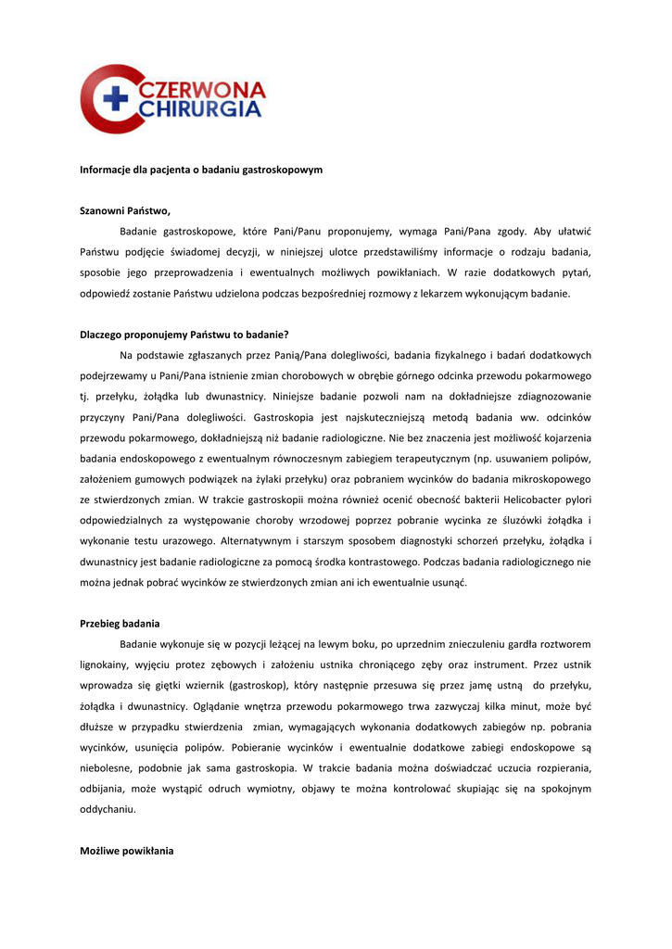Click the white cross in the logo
[115, 99]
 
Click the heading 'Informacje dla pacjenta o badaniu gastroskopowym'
[201, 171]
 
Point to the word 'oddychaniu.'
[108, 809]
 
